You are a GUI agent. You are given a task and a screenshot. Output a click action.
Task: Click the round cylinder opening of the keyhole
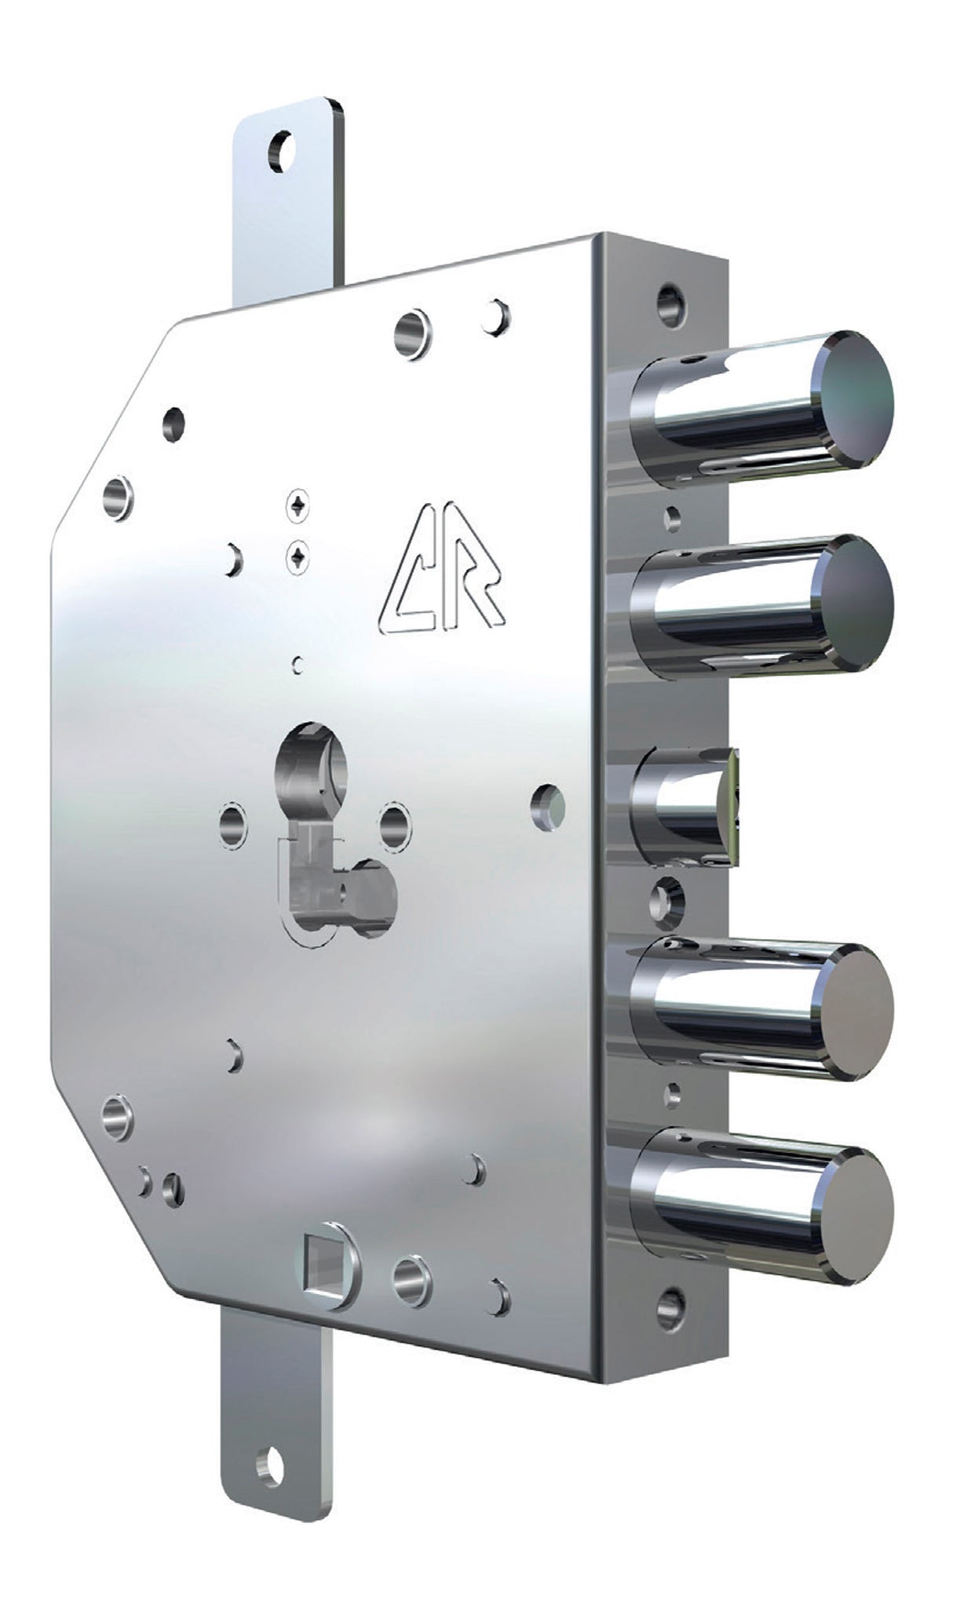(311, 759)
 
